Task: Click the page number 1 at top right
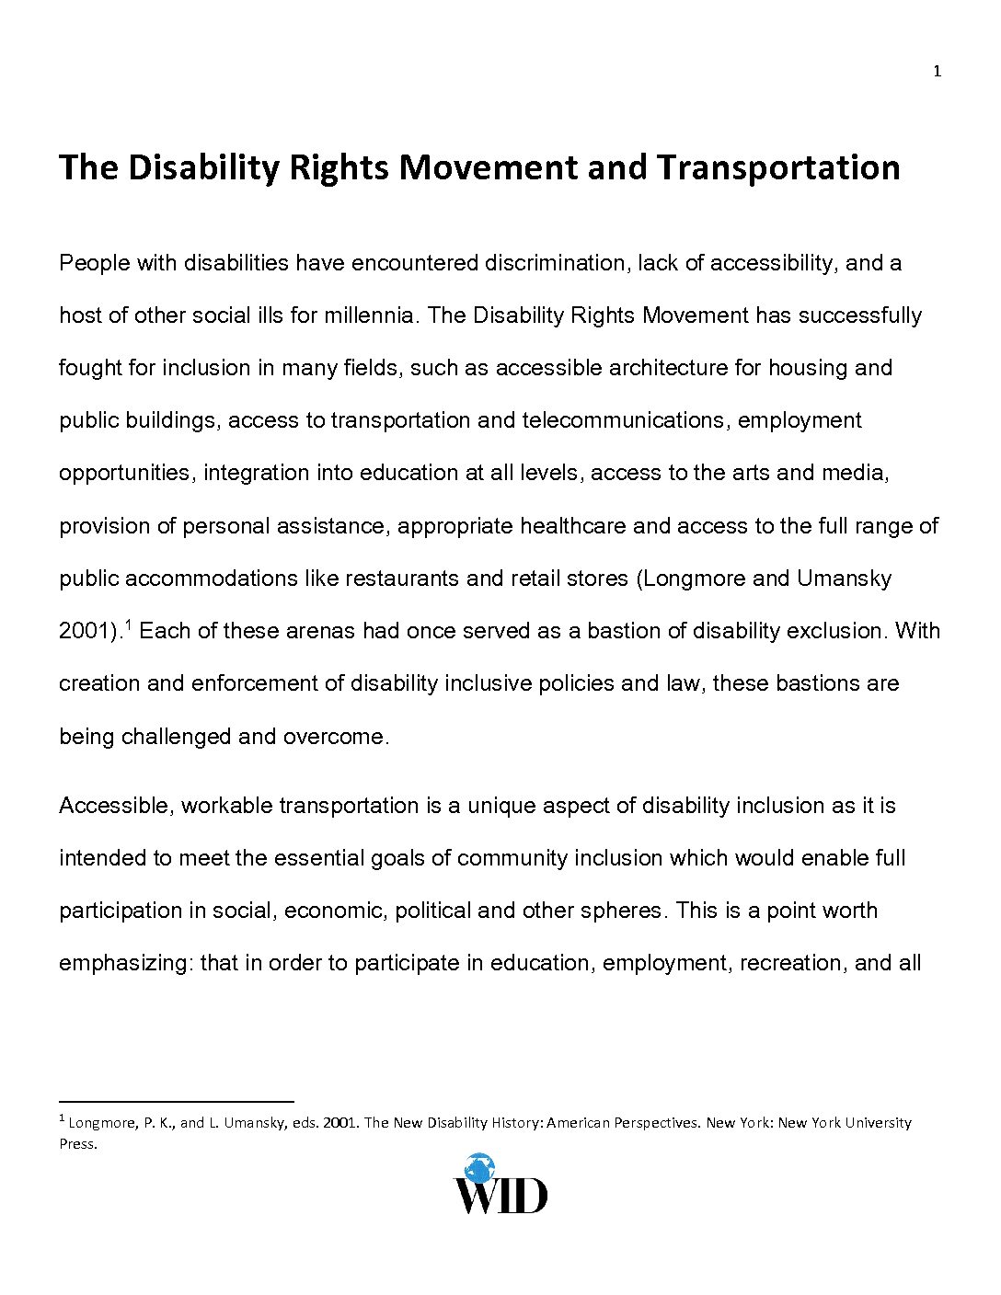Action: click(937, 72)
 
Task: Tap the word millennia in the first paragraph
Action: click(371, 315)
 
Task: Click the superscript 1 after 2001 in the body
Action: click(128, 625)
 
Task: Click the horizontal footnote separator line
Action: click(176, 1100)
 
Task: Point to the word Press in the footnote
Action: click(77, 1144)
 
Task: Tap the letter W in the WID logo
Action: click(477, 1195)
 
